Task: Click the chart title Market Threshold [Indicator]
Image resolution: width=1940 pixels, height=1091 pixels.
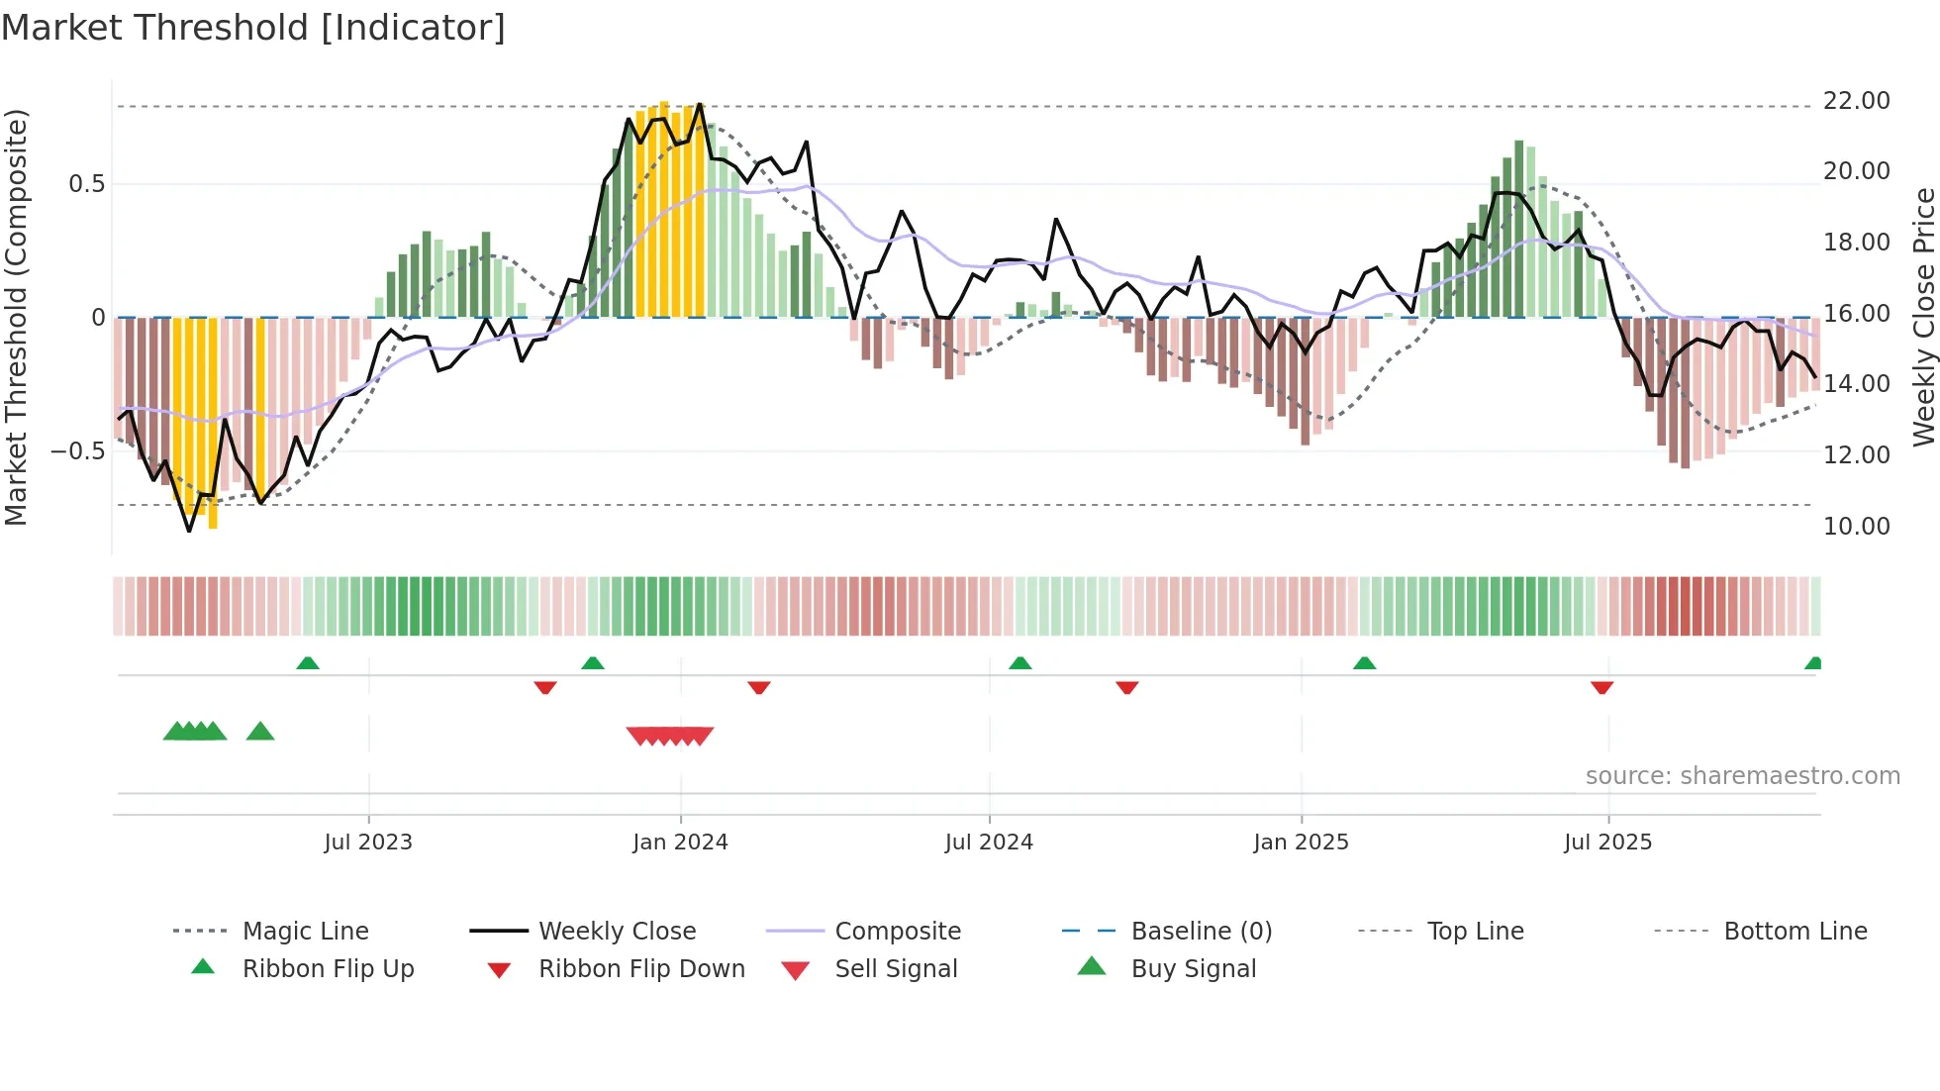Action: click(253, 28)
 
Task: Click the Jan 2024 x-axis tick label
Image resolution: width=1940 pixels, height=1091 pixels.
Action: click(680, 842)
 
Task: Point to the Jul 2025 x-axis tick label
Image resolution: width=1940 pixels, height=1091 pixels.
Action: click(1607, 842)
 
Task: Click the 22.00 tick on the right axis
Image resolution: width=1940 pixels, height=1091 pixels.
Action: click(1856, 101)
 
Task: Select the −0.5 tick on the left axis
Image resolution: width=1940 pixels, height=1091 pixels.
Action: click(78, 451)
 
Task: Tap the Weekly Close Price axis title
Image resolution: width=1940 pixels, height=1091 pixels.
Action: click(1923, 317)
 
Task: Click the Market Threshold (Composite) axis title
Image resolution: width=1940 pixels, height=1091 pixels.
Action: click(16, 317)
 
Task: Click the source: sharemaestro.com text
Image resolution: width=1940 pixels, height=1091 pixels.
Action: click(1742, 775)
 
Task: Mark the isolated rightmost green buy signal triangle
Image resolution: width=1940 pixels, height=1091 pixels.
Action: click(260, 732)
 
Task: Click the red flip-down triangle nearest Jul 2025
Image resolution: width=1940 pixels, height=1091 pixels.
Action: click(1601, 687)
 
